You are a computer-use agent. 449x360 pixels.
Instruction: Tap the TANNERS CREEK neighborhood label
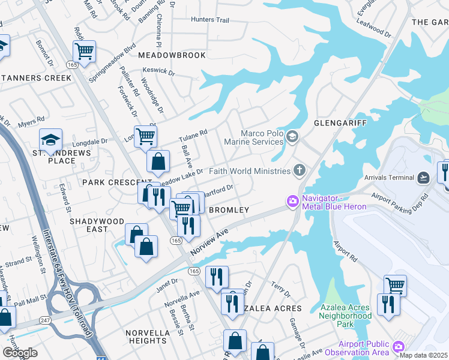pyautogui.click(x=36, y=78)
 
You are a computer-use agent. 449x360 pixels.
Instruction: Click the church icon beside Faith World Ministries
pyautogui.click(x=299, y=171)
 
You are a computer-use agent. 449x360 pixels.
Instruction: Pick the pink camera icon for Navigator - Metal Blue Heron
pyautogui.click(x=293, y=201)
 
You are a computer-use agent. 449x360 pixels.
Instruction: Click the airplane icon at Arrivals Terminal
pyautogui.click(x=424, y=178)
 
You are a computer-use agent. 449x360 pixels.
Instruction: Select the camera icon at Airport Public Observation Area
pyautogui.click(x=398, y=347)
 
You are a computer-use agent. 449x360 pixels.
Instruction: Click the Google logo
pyautogui.click(x=20, y=353)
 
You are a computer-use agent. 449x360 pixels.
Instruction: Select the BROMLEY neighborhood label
pyautogui.click(x=228, y=210)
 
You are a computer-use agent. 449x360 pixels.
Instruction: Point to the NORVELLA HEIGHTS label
pyautogui.click(x=147, y=337)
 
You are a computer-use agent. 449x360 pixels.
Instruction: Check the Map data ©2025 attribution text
pyautogui.click(x=424, y=355)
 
